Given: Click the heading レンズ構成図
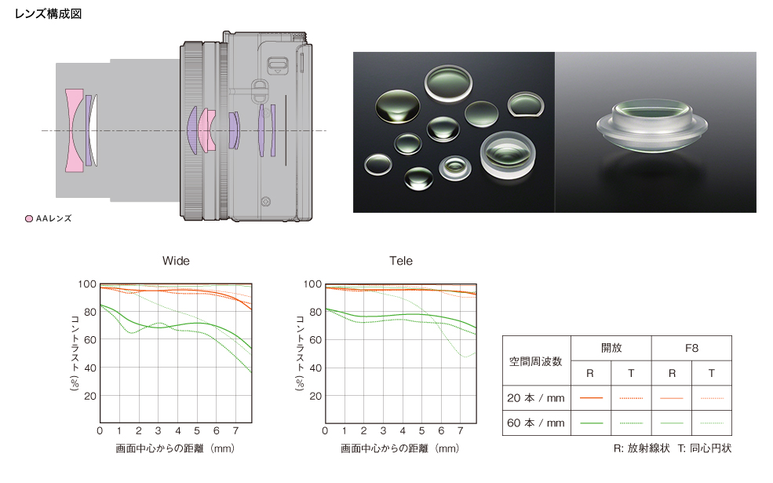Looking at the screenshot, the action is tap(48, 14).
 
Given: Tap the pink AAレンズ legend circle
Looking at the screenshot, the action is tap(29, 218).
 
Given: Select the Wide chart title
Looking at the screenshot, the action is tap(176, 261).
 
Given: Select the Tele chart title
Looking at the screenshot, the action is tap(401, 261).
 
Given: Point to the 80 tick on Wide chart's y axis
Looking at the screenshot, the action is tap(89, 312).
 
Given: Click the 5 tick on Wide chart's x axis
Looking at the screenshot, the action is tap(197, 430).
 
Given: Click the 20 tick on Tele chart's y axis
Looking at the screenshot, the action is tap(315, 396).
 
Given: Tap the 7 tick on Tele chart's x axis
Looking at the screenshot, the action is tap(460, 430).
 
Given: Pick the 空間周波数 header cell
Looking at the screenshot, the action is tap(536, 361).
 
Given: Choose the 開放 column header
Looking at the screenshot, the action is tap(611, 348).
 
